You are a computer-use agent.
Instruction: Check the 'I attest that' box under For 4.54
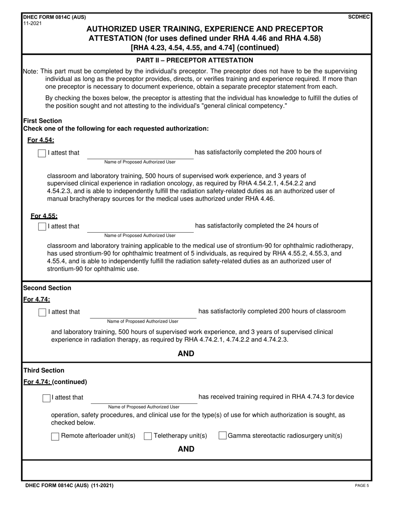(x=42, y=153)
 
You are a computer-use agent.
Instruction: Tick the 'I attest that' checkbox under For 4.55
(x=42, y=226)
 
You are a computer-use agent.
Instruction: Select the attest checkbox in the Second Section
(x=42, y=312)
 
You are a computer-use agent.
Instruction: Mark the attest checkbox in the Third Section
(x=46, y=398)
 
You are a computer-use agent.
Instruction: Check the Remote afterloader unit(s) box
(x=55, y=436)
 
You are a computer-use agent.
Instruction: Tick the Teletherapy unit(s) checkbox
(x=148, y=436)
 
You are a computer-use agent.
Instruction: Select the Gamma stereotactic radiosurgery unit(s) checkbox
(x=222, y=436)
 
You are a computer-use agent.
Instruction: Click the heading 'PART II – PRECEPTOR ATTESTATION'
(x=195, y=61)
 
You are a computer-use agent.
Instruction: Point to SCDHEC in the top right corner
(x=360, y=17)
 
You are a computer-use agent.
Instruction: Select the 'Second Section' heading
(x=47, y=288)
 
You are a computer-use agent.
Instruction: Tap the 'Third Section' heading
(x=44, y=371)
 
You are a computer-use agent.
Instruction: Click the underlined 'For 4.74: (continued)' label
(x=55, y=382)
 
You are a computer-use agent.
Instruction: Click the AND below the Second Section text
(x=186, y=354)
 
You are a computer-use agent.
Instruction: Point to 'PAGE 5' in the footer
(x=362, y=486)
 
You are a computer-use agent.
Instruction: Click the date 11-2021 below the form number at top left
(x=33, y=23)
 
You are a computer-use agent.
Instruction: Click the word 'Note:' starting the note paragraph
(x=30, y=72)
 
